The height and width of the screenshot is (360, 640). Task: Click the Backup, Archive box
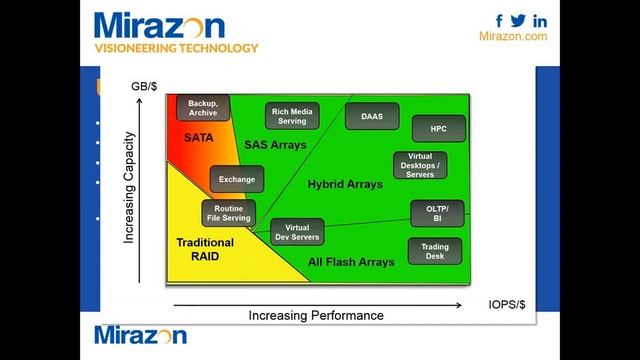203,108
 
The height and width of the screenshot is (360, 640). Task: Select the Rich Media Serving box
292,116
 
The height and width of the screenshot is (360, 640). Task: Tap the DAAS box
371,116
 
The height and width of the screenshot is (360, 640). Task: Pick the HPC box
438,129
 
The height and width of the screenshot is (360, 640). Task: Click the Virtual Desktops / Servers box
420,164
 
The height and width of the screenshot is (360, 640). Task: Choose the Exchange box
237,180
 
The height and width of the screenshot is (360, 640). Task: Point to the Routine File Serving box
228,213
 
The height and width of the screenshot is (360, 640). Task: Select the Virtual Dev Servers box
297,234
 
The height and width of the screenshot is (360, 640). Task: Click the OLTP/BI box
437,213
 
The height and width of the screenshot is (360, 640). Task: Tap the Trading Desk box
434,251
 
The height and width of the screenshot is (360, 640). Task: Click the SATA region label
199,137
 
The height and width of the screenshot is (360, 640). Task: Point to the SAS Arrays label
275,145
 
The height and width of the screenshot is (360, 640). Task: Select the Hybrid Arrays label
344,184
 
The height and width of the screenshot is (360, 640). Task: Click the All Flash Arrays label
351,262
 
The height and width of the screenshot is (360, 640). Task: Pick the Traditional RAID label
205,249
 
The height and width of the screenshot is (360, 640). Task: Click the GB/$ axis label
145,87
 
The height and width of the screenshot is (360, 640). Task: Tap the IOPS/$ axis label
508,304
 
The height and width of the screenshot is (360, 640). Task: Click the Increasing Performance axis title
316,315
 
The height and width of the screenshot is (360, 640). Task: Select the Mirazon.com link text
513,36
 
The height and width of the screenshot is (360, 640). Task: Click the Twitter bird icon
518,20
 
